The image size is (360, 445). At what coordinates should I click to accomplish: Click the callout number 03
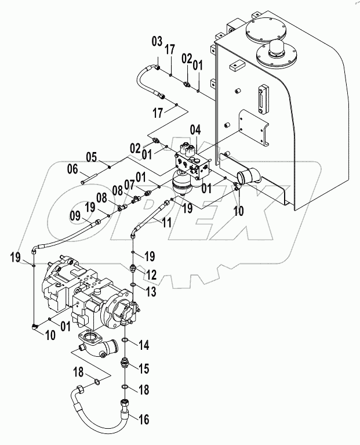coord(156,42)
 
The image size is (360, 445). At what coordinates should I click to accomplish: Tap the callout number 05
coord(90,156)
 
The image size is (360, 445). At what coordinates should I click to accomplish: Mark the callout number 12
coord(151,273)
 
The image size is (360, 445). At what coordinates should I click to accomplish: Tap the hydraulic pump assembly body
coord(87,296)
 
